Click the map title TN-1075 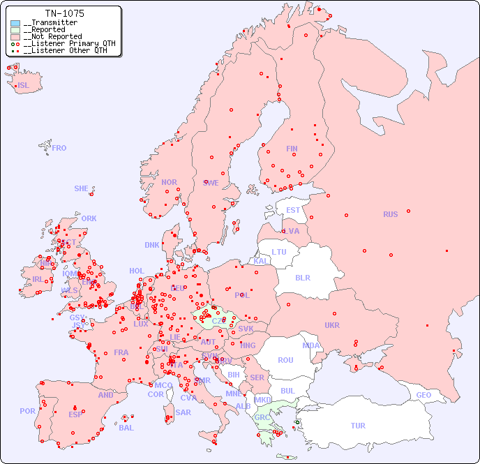click(x=64, y=13)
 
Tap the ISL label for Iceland click(x=24, y=86)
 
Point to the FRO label click(x=59, y=148)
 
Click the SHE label click(x=81, y=188)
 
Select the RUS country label click(x=390, y=214)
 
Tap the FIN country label click(x=292, y=149)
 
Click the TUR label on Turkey click(x=358, y=426)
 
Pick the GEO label click(x=423, y=395)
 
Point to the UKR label click(x=332, y=325)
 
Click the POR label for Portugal click(x=27, y=411)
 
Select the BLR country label click(x=302, y=277)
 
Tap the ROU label click(x=285, y=360)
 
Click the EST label click(x=293, y=210)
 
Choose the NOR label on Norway click(x=169, y=182)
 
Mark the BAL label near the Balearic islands click(x=126, y=428)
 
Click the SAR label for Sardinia click(x=183, y=412)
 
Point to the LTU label click(x=279, y=252)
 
